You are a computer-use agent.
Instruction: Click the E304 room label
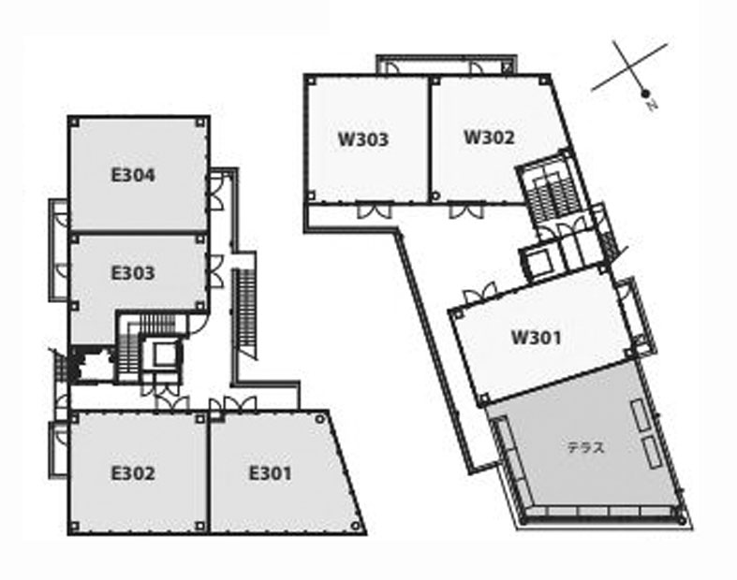[133, 175]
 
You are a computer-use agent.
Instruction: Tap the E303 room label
[133, 273]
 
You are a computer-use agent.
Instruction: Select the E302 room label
[133, 473]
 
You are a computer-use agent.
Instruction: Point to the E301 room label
[271, 473]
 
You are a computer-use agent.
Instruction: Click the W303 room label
[363, 139]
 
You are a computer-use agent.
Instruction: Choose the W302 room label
[489, 138]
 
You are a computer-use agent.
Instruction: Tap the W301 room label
[537, 337]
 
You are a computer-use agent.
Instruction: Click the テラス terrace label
[585, 447]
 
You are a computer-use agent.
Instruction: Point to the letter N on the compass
[652, 105]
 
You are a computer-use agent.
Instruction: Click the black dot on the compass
[646, 93]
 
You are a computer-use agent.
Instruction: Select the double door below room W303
[375, 210]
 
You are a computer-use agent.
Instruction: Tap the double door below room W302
[465, 210]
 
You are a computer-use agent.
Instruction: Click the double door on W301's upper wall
[479, 293]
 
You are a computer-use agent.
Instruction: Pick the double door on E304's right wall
[215, 192]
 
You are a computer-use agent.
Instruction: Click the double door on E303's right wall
[215, 271]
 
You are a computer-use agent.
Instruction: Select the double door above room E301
[240, 404]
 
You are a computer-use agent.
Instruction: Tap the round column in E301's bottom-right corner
[356, 525]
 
